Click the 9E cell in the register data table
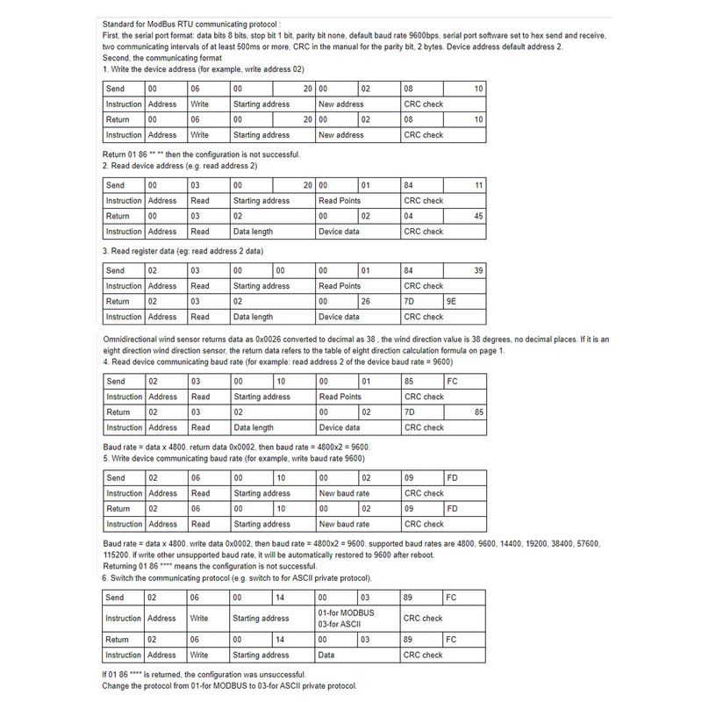point(464,301)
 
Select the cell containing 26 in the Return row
point(378,301)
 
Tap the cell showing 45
point(464,216)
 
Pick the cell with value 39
point(464,270)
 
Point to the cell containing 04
point(422,216)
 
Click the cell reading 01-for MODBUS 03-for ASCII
point(356,618)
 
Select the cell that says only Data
point(356,655)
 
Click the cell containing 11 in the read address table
point(464,185)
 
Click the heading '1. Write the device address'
point(204,69)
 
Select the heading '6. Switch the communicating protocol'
point(237,580)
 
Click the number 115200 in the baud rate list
point(117,555)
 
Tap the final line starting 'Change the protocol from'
point(230,685)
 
